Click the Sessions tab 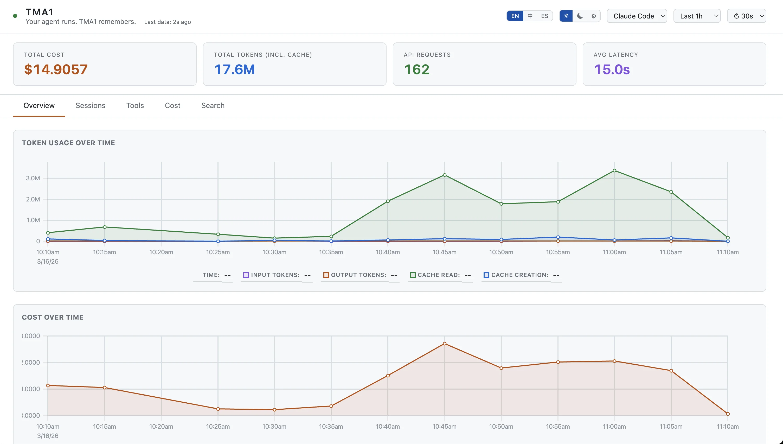coord(90,105)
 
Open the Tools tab coord(135,105)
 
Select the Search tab coord(213,105)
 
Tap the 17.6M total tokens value coord(234,69)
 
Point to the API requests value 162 coord(417,69)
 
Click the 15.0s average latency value coord(612,69)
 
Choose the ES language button coord(544,16)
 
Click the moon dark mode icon coord(580,16)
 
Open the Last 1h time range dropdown coord(697,16)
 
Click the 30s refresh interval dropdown coord(746,16)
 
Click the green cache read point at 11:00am coord(614,171)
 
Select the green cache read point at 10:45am coord(445,175)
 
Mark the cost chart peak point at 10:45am coord(445,344)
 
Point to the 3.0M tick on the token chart coord(33,178)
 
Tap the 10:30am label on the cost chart coord(274,427)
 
